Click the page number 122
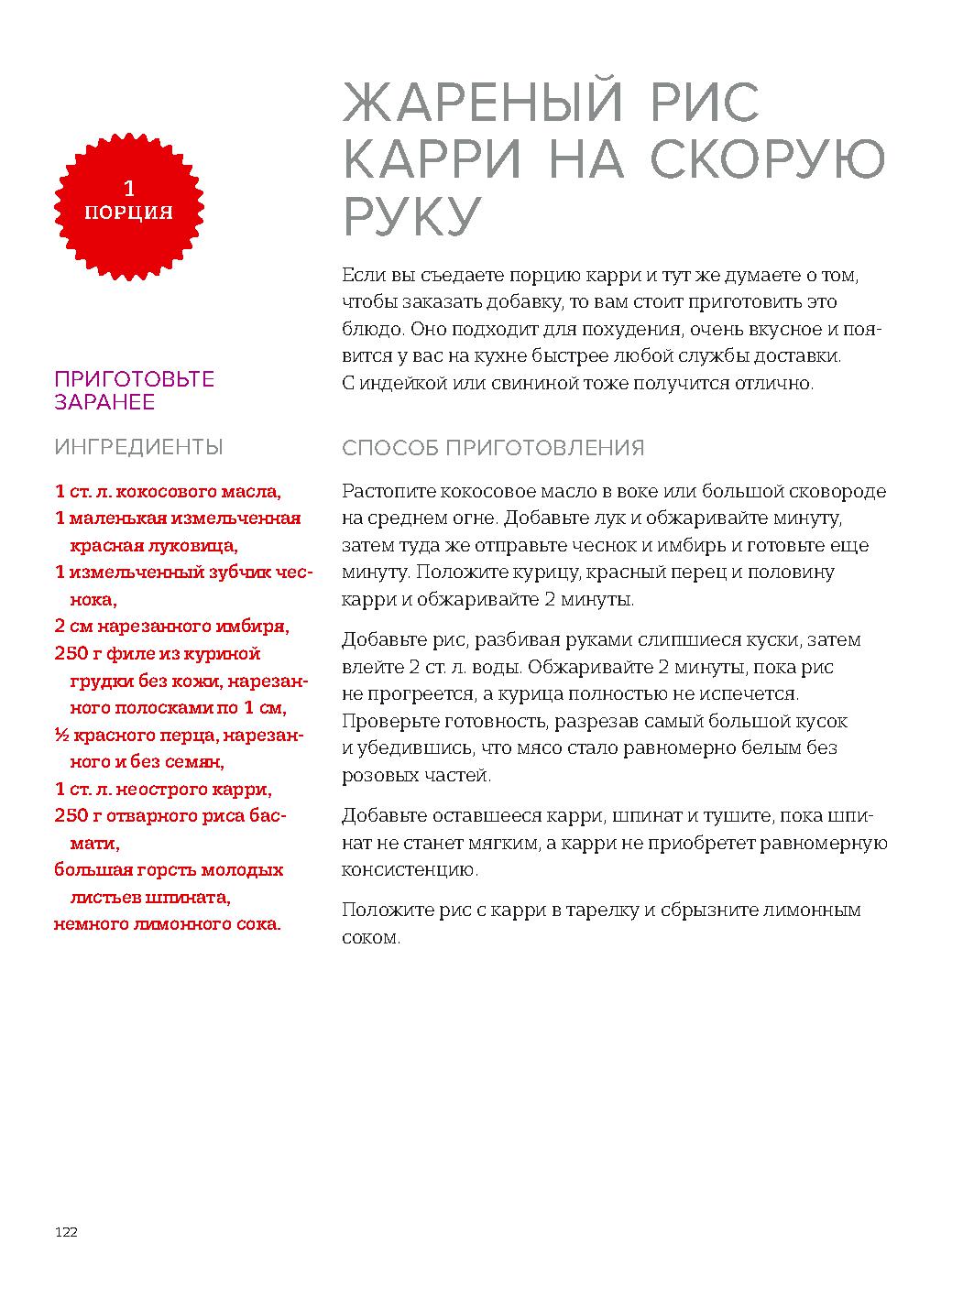coord(66,1232)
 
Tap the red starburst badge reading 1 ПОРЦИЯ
coord(129,202)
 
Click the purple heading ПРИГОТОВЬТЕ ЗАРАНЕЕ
coord(134,391)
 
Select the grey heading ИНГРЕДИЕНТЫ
coord(138,447)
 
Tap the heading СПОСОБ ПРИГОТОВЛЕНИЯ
coord(493,448)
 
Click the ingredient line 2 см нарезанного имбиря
coord(172,627)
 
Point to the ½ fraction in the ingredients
coord(60,736)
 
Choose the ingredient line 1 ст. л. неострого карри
coord(163,790)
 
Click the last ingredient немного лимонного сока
coord(168,924)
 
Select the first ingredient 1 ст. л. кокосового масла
coord(168,492)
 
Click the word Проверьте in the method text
coord(386,721)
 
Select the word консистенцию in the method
coord(410,870)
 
